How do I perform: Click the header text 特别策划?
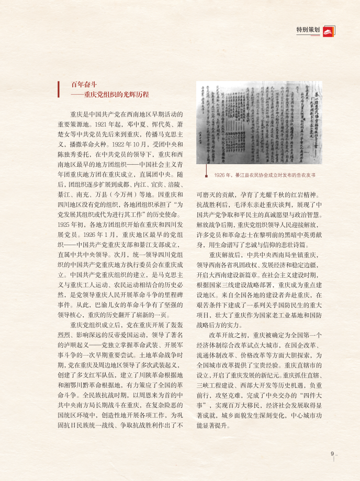pyautogui.click(x=308, y=30)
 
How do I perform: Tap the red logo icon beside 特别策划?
pyautogui.click(x=328, y=30)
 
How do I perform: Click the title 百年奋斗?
pyautogui.click(x=84, y=85)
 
